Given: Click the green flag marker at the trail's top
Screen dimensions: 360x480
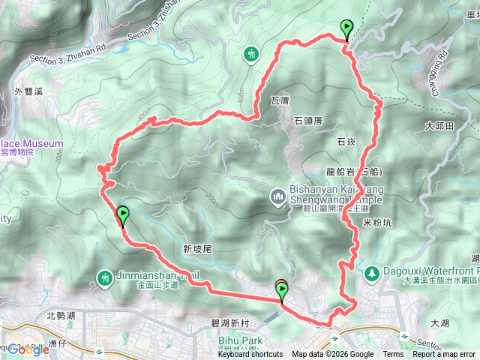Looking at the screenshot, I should pyautogui.click(x=346, y=29).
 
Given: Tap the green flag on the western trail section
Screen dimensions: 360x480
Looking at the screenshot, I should pyautogui.click(x=122, y=215).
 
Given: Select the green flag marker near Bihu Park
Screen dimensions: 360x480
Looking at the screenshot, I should pyautogui.click(x=283, y=292).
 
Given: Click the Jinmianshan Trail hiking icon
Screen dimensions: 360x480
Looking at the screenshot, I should pyautogui.click(x=104, y=278).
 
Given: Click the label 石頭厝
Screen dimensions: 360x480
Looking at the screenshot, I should pyautogui.click(x=307, y=119).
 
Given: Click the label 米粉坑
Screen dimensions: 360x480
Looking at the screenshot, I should pyautogui.click(x=376, y=223).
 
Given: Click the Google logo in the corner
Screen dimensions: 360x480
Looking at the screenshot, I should pyautogui.click(x=28, y=349).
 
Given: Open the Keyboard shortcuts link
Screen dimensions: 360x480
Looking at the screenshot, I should pyautogui.click(x=250, y=355).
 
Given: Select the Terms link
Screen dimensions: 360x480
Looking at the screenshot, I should pyautogui.click(x=393, y=355).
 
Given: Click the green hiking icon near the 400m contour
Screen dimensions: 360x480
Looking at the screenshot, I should pyautogui.click(x=251, y=54).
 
